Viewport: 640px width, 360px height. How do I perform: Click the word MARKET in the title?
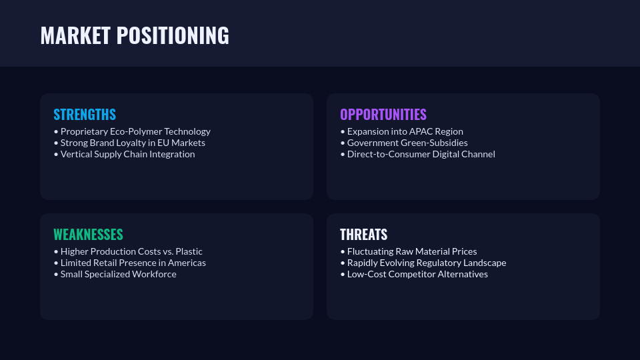[75, 35]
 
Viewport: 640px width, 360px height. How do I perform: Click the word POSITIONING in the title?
[173, 35]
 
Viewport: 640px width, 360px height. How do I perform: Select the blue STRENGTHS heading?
[85, 115]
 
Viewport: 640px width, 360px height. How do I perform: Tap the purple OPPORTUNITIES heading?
[383, 115]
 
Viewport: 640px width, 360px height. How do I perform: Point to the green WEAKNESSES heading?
[88, 235]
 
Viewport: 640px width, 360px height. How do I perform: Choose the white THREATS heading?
[364, 235]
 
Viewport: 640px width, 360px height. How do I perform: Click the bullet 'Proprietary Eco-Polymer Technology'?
[132, 131]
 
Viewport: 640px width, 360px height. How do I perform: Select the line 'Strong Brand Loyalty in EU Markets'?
[129, 143]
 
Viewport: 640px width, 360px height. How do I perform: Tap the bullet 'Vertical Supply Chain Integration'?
[125, 154]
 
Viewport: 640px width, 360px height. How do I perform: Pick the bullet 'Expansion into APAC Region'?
[401, 131]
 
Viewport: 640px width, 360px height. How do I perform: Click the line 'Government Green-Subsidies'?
[404, 143]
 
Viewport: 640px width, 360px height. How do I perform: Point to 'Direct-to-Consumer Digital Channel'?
[417, 154]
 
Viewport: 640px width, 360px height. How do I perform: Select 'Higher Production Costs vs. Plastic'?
[128, 251]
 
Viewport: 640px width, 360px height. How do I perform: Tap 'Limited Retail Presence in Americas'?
[130, 263]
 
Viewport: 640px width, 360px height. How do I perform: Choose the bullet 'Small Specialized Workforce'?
[115, 274]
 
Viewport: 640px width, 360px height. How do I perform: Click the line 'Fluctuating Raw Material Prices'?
[409, 251]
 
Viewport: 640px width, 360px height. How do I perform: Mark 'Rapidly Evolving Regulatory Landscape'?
[423, 263]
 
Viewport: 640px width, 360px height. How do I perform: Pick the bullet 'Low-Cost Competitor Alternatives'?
[414, 274]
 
